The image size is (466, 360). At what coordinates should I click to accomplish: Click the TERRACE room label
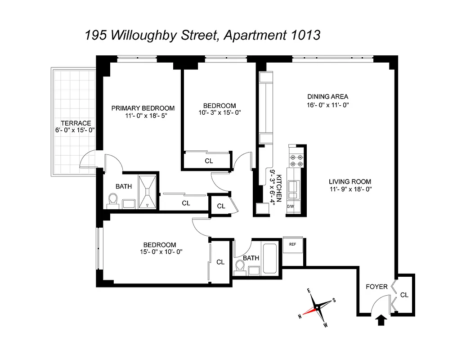pos(76,123)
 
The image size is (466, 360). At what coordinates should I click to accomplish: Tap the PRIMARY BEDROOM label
pos(143,108)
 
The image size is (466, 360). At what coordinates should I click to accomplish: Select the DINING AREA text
pos(327,96)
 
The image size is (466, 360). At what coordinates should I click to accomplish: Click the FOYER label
pos(376,287)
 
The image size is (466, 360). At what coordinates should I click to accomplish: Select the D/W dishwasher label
pos(290,207)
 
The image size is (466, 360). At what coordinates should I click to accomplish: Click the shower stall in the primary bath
pos(148,192)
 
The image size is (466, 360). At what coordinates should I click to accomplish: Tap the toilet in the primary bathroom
pos(112,199)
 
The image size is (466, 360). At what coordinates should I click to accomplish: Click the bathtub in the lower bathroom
pos(270,258)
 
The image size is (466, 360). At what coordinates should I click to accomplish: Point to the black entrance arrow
pos(381,320)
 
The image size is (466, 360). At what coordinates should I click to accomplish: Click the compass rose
pos(317,307)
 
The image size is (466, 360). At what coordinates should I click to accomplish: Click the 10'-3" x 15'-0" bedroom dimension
pos(219,113)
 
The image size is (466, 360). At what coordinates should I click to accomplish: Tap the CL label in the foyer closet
pos(404,295)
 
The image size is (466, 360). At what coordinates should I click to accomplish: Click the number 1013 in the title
pos(305,35)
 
